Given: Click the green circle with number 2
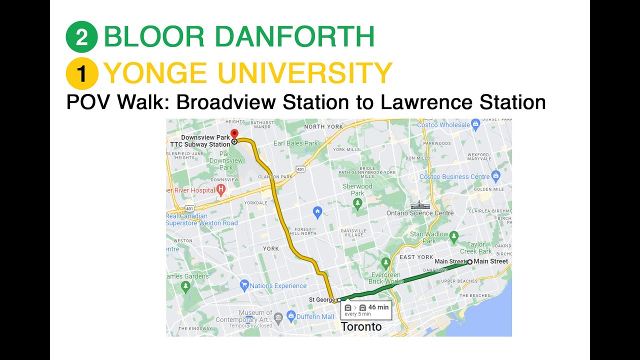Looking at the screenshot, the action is [82, 37].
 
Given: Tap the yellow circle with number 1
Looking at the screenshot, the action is [82, 73].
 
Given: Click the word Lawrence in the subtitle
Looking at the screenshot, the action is [427, 102].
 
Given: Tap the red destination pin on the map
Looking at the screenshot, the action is [234, 133].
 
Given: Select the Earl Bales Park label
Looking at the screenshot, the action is [296, 143].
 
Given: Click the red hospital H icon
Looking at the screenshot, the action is [220, 189].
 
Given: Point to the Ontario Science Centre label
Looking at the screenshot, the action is [420, 213].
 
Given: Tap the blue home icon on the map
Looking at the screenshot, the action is [317, 212].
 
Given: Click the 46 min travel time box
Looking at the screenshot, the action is [366, 310].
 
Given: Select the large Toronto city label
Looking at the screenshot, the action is [361, 327].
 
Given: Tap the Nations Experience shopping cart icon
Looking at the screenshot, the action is [244, 285].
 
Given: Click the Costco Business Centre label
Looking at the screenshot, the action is [454, 176].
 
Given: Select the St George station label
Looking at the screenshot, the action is [321, 300].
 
